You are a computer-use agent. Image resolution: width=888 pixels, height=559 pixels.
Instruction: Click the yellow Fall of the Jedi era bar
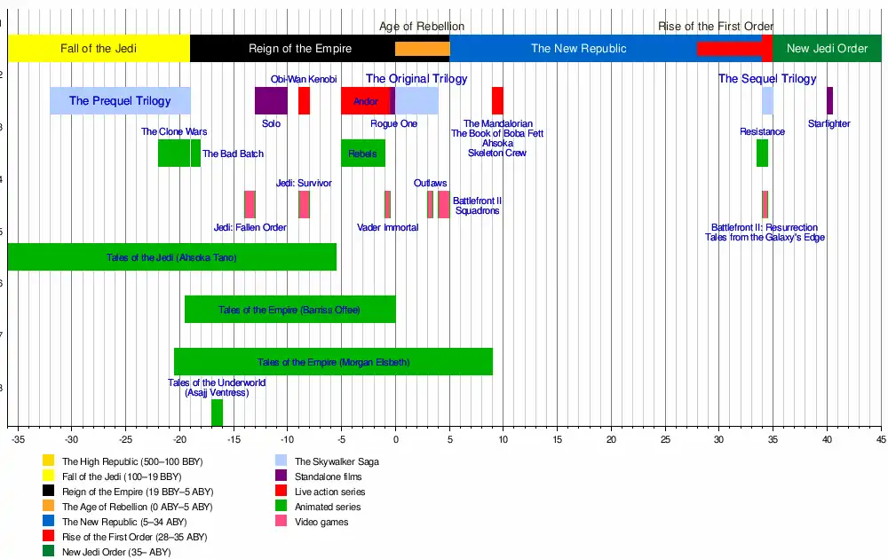click(x=99, y=49)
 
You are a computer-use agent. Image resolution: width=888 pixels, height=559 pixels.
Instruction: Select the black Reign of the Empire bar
click(x=292, y=49)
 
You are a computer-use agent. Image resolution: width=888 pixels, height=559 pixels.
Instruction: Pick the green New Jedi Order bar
click(x=827, y=49)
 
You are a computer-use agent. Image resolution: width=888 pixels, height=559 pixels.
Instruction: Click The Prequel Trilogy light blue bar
click(x=120, y=101)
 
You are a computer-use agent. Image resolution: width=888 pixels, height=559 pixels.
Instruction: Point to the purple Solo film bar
click(x=271, y=101)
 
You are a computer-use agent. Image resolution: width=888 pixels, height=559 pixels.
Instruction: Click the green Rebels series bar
click(x=363, y=154)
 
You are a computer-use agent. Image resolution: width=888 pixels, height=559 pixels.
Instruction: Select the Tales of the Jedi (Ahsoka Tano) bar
click(x=171, y=257)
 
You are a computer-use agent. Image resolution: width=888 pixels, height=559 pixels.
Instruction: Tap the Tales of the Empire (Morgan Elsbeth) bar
click(x=333, y=362)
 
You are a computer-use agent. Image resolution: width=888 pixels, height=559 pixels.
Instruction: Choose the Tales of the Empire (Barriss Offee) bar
click(x=289, y=310)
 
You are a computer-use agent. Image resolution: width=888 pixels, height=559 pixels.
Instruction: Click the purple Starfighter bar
click(x=829, y=101)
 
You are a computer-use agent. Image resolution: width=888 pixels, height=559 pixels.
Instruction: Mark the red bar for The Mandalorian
click(x=497, y=101)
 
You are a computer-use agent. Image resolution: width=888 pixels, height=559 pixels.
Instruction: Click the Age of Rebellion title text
click(x=422, y=27)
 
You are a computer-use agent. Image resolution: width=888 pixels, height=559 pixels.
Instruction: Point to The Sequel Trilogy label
click(x=767, y=79)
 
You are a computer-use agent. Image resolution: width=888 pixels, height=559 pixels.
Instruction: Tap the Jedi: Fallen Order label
click(x=250, y=228)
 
